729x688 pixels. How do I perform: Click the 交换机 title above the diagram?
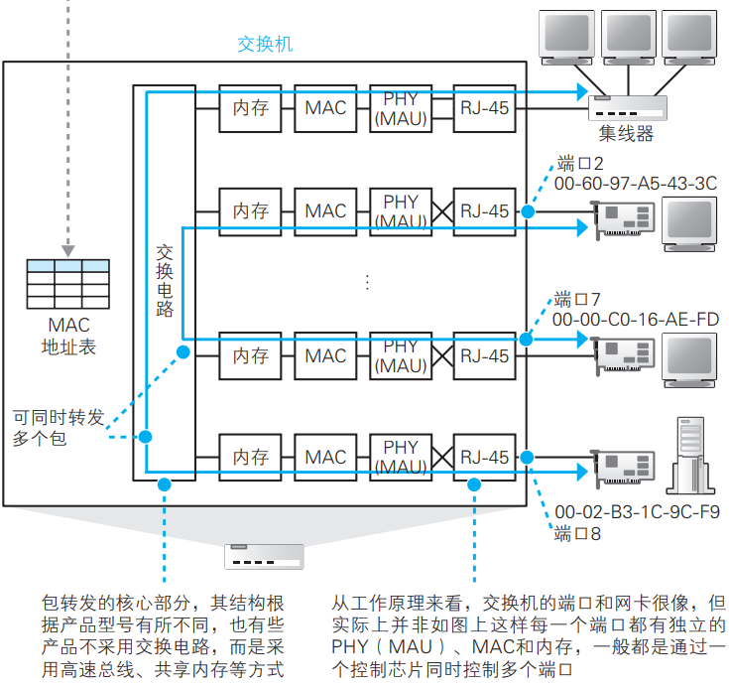click(265, 45)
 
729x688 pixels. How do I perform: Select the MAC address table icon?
click(67, 285)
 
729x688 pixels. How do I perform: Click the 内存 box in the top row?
click(251, 107)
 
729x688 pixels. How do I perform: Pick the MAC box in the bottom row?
click(325, 457)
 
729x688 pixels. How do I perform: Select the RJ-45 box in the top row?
click(484, 107)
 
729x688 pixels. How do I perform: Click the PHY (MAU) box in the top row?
click(401, 107)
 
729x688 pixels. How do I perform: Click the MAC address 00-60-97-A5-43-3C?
click(636, 183)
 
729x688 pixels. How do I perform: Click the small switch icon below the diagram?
click(263, 556)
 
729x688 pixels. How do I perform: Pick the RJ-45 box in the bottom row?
click(484, 457)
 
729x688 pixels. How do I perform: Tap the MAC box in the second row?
click(325, 210)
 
